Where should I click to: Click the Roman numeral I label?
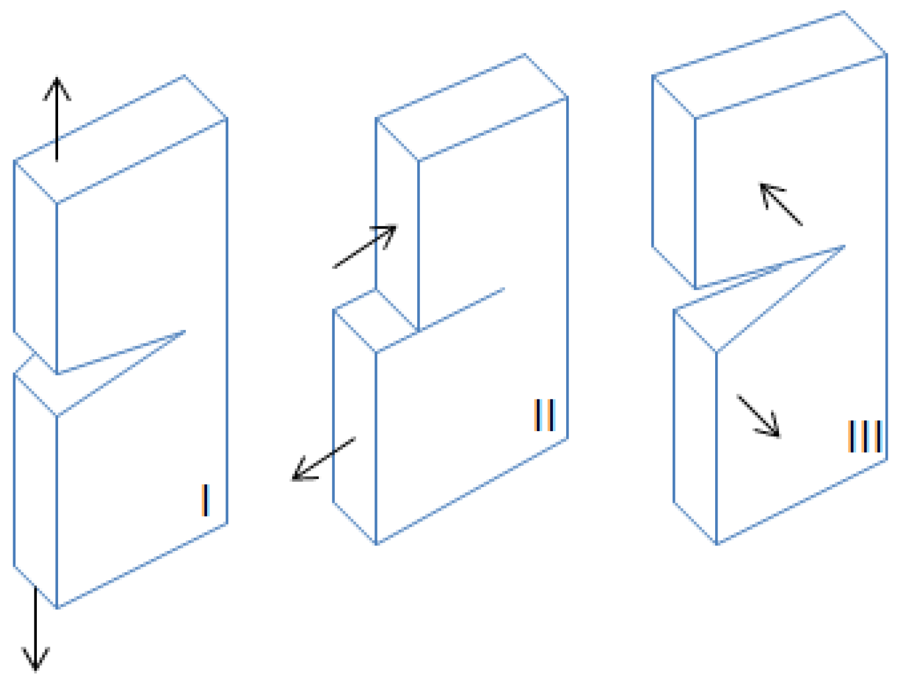206,500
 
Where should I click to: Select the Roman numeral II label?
545,415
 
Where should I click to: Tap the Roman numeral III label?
864,436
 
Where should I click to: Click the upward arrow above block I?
57,119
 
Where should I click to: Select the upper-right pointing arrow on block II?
364,246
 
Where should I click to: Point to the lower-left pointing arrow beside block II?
323,459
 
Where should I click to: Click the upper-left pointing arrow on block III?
781,204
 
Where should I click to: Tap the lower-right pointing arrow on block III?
759,416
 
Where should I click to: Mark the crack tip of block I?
185,331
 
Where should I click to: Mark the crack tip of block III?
845,246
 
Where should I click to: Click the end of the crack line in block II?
504,288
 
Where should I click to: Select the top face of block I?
120,139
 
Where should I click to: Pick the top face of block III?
770,64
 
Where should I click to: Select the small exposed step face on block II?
376,321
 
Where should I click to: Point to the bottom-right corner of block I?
227,523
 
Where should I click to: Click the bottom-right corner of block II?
567,438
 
